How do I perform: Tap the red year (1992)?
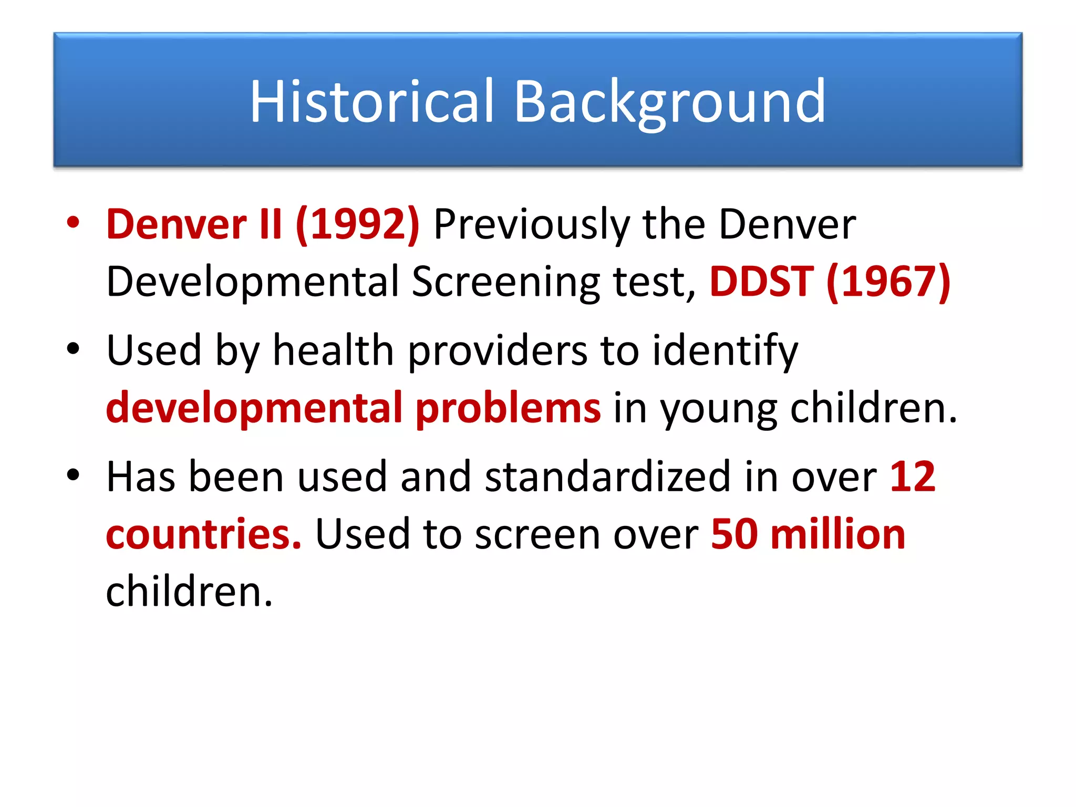click(x=358, y=224)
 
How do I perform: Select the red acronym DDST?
click(x=761, y=282)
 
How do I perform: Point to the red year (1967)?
click(x=888, y=282)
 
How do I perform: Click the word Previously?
click(x=531, y=224)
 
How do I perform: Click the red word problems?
click(x=508, y=408)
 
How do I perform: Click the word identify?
click(x=725, y=350)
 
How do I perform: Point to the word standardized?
click(x=607, y=477)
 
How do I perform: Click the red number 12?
click(x=913, y=477)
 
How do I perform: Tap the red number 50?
click(x=734, y=534)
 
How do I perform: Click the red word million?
click(x=838, y=534)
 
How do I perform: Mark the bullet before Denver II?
click(x=73, y=222)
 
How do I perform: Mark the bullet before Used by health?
click(x=73, y=348)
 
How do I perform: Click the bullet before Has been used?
click(x=73, y=474)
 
